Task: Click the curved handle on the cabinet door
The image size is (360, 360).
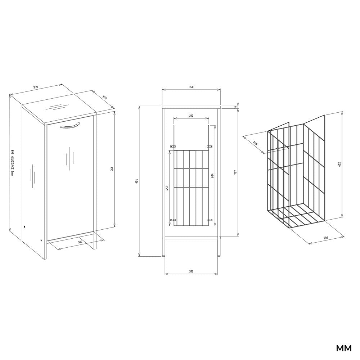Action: (70, 125)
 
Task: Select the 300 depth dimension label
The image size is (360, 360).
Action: (104, 97)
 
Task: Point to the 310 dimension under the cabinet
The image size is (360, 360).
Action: (80, 242)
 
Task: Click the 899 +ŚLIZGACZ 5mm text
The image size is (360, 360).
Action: (12, 163)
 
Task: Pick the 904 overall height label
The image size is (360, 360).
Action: (137, 181)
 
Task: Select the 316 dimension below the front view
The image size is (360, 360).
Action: (191, 271)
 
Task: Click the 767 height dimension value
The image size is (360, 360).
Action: (235, 172)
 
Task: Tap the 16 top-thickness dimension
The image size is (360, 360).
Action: (235, 107)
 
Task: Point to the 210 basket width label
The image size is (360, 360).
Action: (191, 116)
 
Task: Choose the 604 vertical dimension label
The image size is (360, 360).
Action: (212, 176)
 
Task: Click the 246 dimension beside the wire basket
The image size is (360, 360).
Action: (255, 143)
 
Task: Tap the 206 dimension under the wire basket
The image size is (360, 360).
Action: (326, 238)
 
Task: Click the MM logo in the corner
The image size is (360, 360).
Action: (344, 348)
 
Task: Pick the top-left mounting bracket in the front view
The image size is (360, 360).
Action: (173, 146)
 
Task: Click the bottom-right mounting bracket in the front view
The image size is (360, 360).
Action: (210, 220)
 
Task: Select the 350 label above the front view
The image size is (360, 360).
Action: (191, 87)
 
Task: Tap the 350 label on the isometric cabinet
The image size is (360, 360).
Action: (35, 87)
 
